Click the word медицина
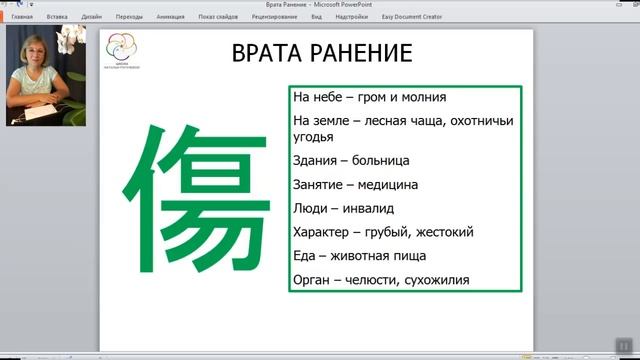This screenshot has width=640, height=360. [x=386, y=184]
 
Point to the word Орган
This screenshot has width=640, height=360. [x=313, y=280]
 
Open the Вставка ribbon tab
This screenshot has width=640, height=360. [x=57, y=17]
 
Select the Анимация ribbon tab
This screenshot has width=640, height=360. [x=170, y=17]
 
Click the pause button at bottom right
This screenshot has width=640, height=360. [x=623, y=342]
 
